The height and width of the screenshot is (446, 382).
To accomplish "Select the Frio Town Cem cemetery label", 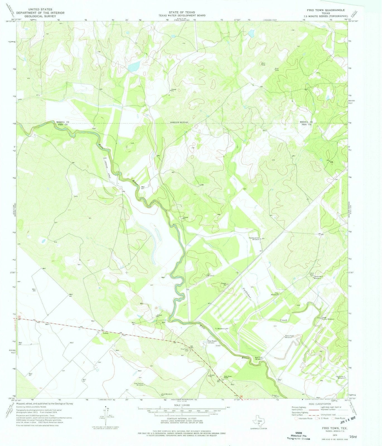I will [x=185, y=350].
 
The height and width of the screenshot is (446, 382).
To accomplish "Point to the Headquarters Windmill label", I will [x=254, y=239].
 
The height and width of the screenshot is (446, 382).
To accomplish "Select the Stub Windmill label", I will [x=167, y=394].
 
